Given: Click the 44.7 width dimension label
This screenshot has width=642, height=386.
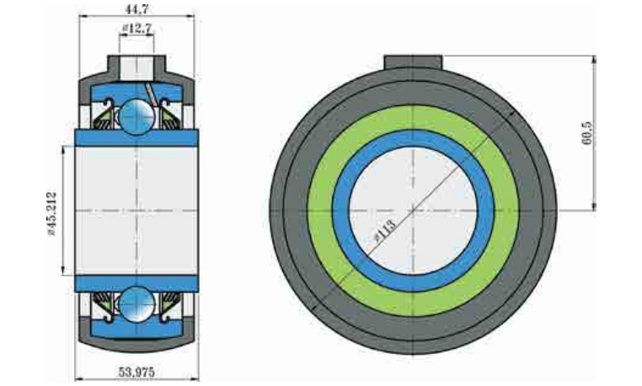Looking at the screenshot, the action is [136, 8].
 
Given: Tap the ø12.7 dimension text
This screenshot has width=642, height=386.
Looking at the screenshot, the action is [137, 29].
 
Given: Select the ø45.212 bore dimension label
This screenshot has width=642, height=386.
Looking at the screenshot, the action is [52, 213].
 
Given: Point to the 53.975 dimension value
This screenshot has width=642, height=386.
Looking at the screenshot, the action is [136, 372].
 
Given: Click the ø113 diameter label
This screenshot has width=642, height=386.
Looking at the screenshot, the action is [385, 230].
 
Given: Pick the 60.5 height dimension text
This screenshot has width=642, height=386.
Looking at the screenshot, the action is [587, 133].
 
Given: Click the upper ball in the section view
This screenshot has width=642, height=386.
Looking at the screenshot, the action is [137, 115].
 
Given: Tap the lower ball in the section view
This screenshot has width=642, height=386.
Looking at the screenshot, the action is [137, 304].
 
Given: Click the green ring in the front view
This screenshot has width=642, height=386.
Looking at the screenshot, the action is [413, 118].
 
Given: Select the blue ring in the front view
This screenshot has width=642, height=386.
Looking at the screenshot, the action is [413, 138].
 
